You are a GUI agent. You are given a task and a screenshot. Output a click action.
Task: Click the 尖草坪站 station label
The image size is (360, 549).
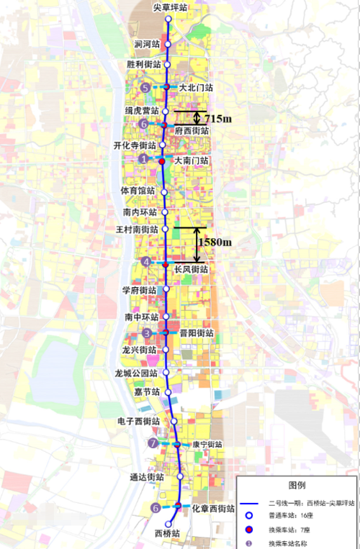coord(168,8)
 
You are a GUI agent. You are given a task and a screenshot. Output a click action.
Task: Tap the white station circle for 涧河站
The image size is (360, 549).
coord(168,45)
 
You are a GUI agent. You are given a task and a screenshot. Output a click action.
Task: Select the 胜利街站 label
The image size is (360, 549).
coord(143,65)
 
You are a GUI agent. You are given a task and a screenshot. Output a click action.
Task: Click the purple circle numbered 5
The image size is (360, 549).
coord(145,88)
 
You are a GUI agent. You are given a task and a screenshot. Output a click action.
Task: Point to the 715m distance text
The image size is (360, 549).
coord(217,118)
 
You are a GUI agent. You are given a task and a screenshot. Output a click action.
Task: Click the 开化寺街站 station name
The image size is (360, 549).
coord(135,145)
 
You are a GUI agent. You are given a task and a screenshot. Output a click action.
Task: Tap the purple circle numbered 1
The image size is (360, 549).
coord(145,159)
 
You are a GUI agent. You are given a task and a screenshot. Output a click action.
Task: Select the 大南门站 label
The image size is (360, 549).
coord(192,161)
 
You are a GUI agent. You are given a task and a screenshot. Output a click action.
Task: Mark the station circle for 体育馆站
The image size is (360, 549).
coord(164,192)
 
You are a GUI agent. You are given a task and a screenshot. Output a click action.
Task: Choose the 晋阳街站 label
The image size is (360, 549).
coord(196,334)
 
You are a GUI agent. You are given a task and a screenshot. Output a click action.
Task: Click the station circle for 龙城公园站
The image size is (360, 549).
coord(166,373)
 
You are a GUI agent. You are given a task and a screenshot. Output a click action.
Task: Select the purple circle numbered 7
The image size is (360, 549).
coord(153,443)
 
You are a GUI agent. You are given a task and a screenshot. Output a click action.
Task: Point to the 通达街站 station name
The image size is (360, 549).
coord(147,477)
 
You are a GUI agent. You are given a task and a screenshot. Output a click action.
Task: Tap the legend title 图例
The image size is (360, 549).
coord(297,485)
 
